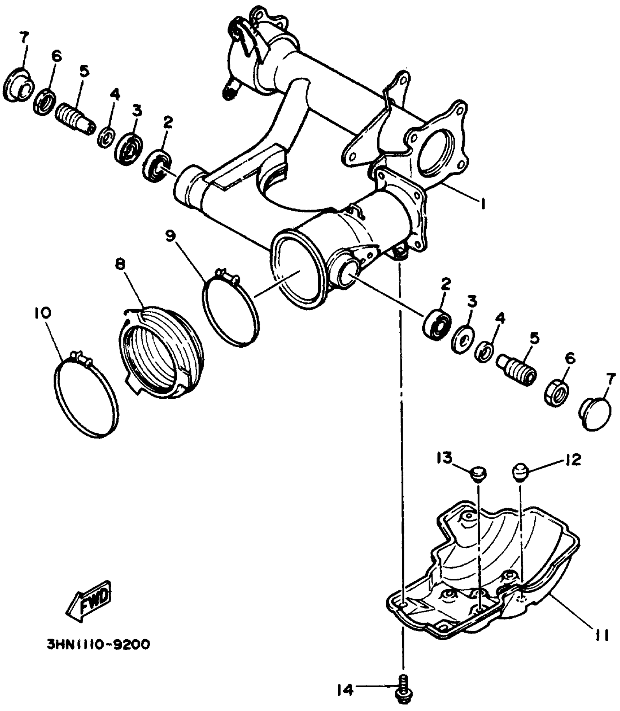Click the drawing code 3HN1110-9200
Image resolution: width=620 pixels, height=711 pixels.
[98, 645]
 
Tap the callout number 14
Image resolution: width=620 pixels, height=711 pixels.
[345, 689]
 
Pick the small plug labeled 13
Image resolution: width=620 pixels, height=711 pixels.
[476, 474]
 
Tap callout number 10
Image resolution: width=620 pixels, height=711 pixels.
[43, 313]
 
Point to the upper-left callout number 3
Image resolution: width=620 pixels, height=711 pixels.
[137, 111]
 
